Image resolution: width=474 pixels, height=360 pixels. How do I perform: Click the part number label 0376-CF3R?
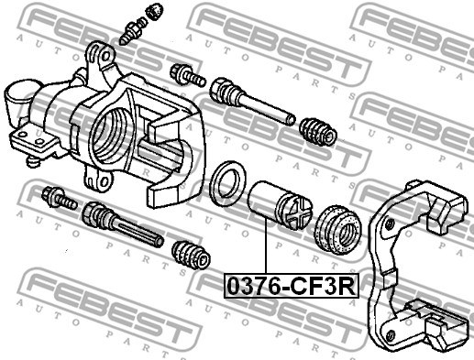[x=292, y=286]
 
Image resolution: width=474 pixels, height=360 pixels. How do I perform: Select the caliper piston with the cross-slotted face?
[x=281, y=205]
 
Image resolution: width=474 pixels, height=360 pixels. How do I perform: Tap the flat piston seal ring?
[x=228, y=183]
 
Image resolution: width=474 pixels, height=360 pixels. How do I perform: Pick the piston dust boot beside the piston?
[x=338, y=229]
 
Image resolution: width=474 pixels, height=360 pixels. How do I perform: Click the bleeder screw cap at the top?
[x=154, y=11]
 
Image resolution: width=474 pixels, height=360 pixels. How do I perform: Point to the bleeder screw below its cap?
[x=132, y=31]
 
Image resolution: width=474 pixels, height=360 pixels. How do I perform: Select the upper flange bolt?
[x=187, y=75]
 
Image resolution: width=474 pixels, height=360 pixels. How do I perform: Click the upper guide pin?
[x=252, y=101]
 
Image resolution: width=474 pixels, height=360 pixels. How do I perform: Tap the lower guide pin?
[x=123, y=224]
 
